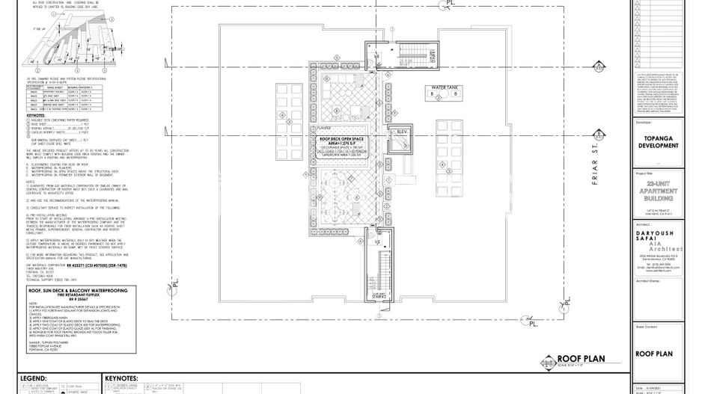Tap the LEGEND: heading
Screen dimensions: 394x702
click(x=34, y=379)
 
